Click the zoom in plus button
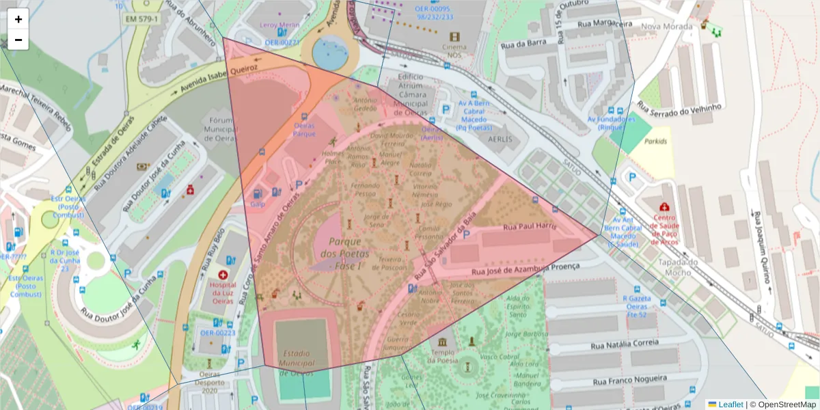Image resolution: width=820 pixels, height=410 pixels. click(x=18, y=19)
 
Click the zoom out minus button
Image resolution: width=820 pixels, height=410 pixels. click(x=18, y=40)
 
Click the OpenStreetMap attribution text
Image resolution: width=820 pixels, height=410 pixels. click(x=782, y=405)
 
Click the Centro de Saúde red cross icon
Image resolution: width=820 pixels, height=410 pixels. click(x=663, y=206)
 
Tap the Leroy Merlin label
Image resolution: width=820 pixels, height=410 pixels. click(x=280, y=25)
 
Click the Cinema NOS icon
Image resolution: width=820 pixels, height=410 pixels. click(x=454, y=36)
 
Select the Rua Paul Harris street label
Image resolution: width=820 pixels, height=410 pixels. click(x=530, y=226)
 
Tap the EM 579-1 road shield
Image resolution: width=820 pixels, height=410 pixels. click(x=141, y=18)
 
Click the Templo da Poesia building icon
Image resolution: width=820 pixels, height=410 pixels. click(x=441, y=341)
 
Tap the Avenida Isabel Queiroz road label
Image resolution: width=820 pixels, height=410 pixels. click(x=218, y=80)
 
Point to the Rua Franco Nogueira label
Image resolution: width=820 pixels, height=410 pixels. click(x=629, y=379)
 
